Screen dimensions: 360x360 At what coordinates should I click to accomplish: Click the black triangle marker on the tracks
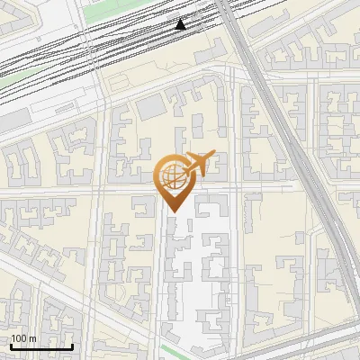(181, 24)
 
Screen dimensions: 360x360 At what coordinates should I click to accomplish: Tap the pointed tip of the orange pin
(174, 211)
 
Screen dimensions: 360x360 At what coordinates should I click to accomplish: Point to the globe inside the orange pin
(172, 175)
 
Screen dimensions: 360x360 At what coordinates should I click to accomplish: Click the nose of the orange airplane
(214, 155)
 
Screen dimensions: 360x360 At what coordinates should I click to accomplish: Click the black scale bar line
(41, 346)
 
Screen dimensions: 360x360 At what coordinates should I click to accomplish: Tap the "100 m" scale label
(23, 338)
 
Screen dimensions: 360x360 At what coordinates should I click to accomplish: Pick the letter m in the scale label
(32, 338)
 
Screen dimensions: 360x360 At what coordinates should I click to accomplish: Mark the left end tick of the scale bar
(11, 345)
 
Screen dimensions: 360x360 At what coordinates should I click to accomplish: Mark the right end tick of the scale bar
(72, 345)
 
